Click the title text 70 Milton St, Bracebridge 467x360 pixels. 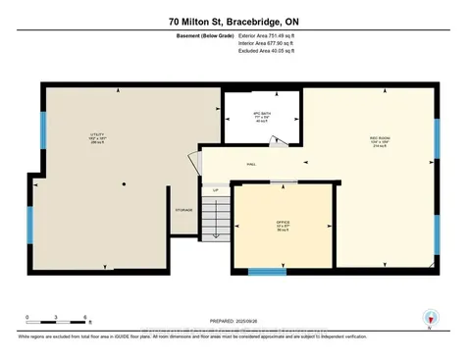tap(233, 20)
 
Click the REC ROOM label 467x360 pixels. tap(377, 139)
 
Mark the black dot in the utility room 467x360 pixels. tap(124, 184)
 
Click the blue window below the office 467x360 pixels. tap(260, 270)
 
